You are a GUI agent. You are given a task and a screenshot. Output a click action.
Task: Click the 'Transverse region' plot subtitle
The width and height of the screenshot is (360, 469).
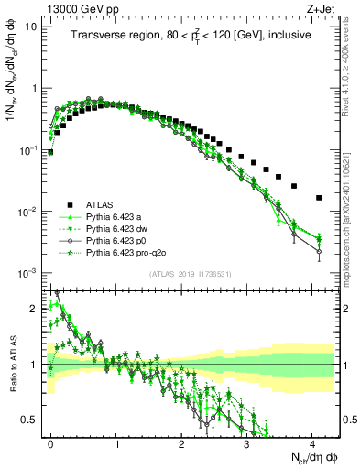click(191, 36)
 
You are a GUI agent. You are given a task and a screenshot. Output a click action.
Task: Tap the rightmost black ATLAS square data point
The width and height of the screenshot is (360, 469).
click(319, 198)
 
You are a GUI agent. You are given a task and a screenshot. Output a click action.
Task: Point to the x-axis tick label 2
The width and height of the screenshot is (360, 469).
click(181, 443)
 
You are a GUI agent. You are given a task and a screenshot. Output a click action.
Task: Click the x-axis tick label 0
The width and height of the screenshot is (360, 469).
click(51, 443)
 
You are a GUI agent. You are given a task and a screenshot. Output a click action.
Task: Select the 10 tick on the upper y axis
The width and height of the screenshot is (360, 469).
click(31, 26)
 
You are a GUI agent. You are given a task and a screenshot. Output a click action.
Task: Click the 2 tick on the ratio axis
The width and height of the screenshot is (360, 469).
click(33, 308)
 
